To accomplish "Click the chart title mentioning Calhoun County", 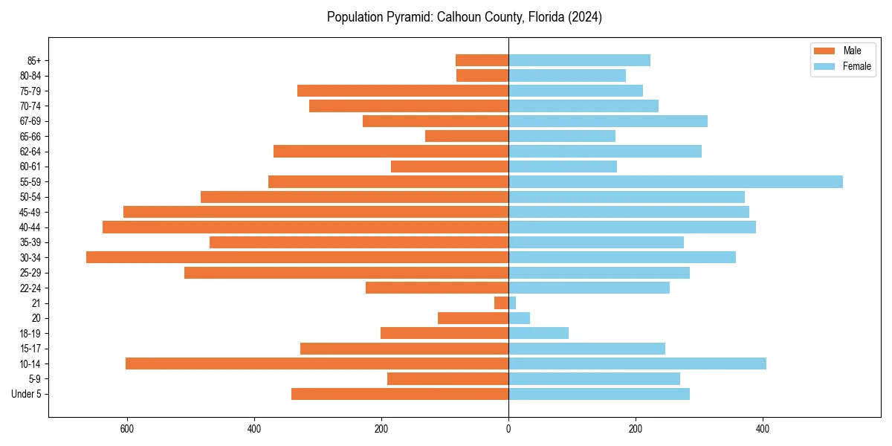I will tap(464, 17).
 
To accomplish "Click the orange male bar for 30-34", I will tap(297, 257).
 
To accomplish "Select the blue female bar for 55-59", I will tap(676, 181).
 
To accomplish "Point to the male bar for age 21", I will tap(502, 303).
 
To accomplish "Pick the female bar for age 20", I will tap(519, 318).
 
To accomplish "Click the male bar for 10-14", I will tap(317, 363).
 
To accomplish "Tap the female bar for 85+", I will tap(579, 60).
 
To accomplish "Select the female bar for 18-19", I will tap(538, 333).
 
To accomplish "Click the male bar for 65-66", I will tap(467, 136).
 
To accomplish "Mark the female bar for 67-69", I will tap(608, 121).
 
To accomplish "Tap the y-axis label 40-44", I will tap(30, 227).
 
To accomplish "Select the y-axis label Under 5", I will tap(26, 394).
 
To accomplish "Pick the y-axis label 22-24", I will tap(30, 288).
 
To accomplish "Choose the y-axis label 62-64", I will tap(30, 152).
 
